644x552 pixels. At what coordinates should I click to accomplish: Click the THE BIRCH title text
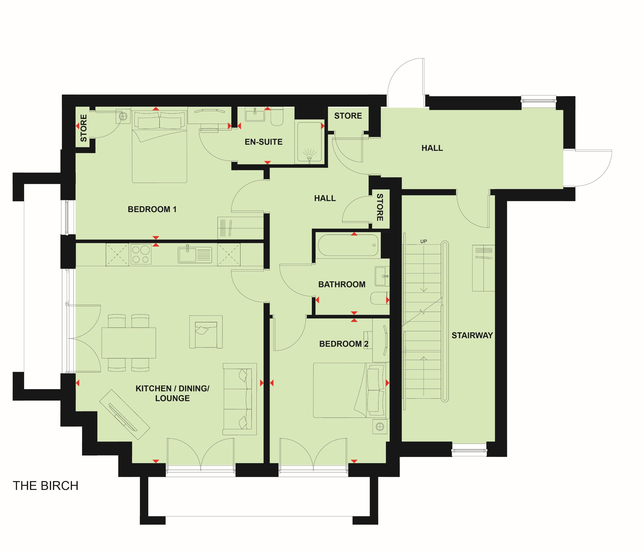tap(45, 486)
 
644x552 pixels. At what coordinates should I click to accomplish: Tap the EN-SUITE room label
tap(263, 142)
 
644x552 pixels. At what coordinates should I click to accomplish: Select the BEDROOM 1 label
tap(152, 209)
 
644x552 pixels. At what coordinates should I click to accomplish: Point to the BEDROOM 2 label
tap(344, 344)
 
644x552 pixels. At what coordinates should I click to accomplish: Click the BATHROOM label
tap(342, 284)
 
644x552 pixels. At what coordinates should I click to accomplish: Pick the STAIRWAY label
tap(472, 335)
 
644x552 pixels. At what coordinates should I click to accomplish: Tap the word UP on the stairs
tap(423, 241)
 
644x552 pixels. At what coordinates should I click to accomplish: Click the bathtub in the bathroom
tap(348, 245)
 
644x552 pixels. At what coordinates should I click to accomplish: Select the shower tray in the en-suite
tap(309, 143)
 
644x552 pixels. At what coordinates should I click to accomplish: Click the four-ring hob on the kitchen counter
tap(141, 254)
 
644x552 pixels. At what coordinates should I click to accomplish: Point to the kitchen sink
tap(195, 255)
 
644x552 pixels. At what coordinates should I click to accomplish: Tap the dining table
tap(129, 343)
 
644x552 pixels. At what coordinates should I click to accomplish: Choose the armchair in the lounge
tap(206, 332)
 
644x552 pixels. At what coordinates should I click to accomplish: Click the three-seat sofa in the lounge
tap(240, 399)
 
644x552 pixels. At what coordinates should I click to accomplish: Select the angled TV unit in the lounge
tap(125, 414)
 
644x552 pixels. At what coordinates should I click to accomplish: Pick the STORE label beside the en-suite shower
tap(348, 116)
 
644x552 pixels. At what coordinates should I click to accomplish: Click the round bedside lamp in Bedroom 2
tap(380, 427)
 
